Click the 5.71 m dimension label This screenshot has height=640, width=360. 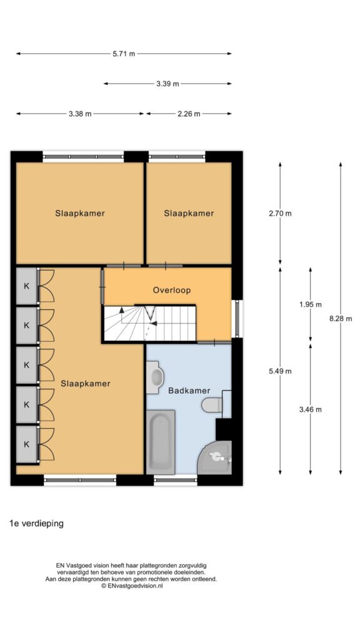coord(124,54)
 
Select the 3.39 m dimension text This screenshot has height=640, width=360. coord(167,84)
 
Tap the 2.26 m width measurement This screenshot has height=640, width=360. coord(189,114)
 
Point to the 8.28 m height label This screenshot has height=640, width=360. coord(341,319)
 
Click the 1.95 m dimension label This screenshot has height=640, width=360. coord(310,304)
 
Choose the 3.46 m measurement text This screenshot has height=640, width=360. coord(310,410)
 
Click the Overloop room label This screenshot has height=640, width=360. coord(172,290)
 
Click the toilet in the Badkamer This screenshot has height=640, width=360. coord(212,404)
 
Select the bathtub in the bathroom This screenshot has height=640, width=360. coord(161,442)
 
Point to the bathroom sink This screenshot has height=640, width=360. coord(155,377)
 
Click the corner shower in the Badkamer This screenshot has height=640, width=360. coord(215,457)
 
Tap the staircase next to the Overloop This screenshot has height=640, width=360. coord(150,322)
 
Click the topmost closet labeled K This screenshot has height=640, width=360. coord(26,286)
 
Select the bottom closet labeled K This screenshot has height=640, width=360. coord(26,444)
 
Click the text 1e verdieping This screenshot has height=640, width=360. coord(37,524)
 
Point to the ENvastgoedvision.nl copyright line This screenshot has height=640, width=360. coord(132,586)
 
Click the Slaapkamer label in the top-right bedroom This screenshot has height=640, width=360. coord(189,213)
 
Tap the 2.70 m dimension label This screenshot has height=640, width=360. coord(280,213)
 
